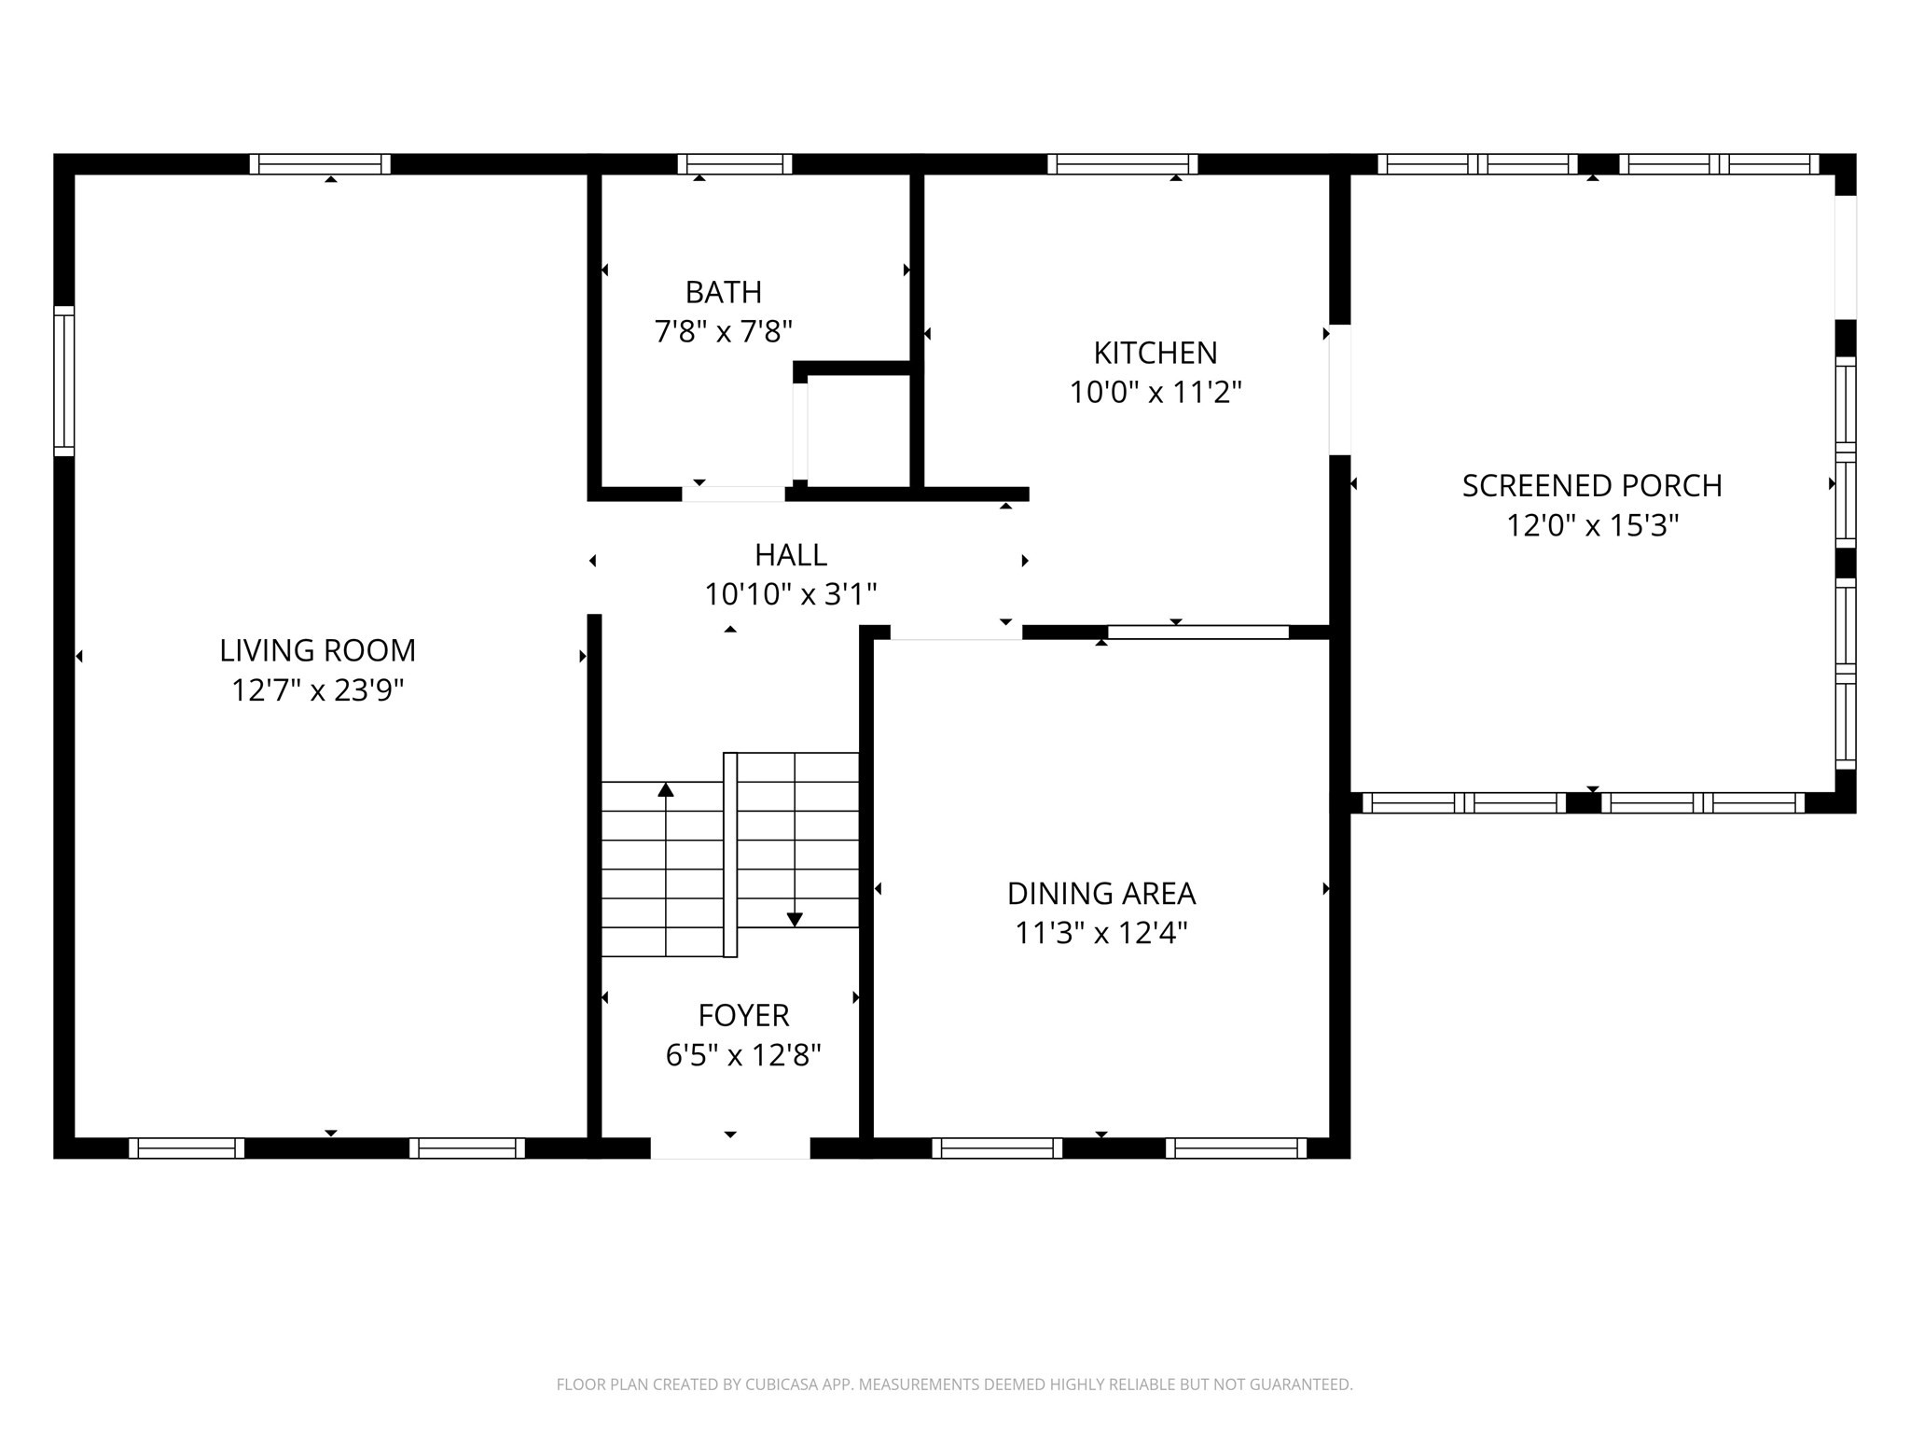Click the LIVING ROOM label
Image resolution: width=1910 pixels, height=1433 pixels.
click(317, 650)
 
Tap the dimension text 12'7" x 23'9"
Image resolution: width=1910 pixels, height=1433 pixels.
click(317, 690)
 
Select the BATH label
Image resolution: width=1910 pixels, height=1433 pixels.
click(723, 292)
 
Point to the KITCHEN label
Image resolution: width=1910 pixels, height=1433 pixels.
click(1155, 353)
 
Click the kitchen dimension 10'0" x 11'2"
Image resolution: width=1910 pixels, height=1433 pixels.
click(1155, 393)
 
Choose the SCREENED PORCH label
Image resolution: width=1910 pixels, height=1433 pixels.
click(1591, 485)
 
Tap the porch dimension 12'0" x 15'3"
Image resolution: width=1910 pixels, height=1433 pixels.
click(1591, 526)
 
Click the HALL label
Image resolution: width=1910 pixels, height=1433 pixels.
click(790, 555)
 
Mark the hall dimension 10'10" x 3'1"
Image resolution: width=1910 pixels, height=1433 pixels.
click(790, 594)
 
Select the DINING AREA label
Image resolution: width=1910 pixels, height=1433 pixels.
click(1100, 894)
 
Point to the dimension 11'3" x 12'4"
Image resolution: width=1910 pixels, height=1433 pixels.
click(1100, 933)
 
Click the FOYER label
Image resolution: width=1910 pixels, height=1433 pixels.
click(743, 1015)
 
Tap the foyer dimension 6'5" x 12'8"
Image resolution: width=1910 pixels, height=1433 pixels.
click(743, 1055)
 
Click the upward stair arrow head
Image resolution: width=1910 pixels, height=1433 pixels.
click(665, 790)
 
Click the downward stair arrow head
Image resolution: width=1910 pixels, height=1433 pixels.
click(795, 920)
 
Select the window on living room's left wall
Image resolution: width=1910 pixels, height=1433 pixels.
click(63, 381)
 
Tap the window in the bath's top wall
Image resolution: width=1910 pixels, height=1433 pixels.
click(734, 164)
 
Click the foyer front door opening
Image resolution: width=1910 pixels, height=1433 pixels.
click(729, 1148)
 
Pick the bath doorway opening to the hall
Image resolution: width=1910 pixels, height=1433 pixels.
click(733, 494)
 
